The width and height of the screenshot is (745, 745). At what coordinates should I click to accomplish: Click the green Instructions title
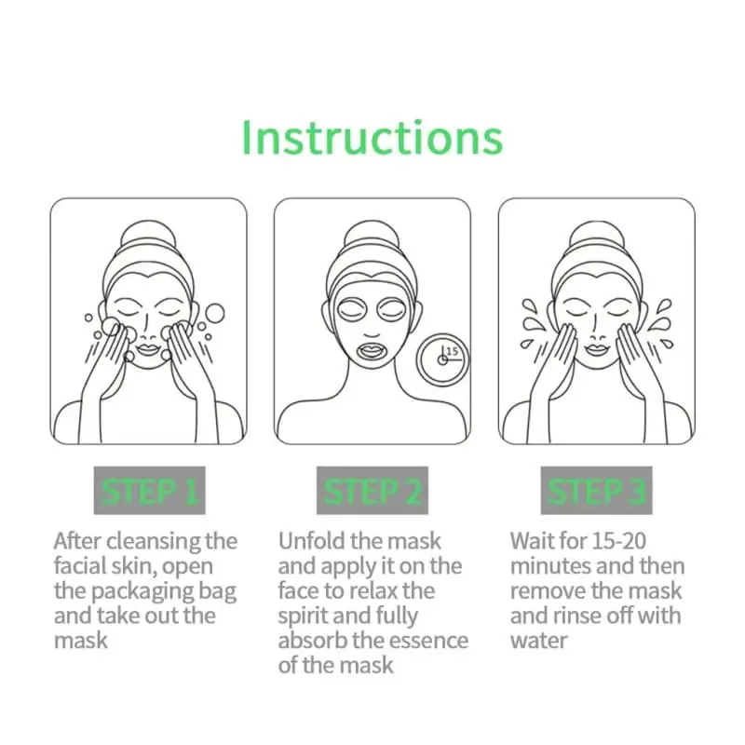point(372,136)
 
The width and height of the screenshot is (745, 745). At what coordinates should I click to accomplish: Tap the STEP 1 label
point(148,491)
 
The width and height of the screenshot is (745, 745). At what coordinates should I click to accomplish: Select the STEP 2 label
point(372,491)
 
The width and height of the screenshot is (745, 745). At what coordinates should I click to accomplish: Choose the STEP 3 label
point(596,491)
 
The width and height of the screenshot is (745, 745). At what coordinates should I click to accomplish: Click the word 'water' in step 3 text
point(539,641)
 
